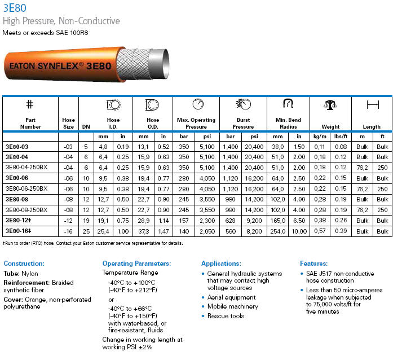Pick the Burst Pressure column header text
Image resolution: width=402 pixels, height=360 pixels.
click(243, 123)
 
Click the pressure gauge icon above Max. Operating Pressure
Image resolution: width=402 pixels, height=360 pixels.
click(198, 104)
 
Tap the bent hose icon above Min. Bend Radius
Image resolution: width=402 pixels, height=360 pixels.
click(289, 104)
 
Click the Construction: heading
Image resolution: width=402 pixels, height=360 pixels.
click(24, 264)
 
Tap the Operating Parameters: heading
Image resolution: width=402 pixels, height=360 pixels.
click(136, 264)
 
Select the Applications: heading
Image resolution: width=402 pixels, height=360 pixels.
click(221, 264)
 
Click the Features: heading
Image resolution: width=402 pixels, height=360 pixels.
click(314, 264)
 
